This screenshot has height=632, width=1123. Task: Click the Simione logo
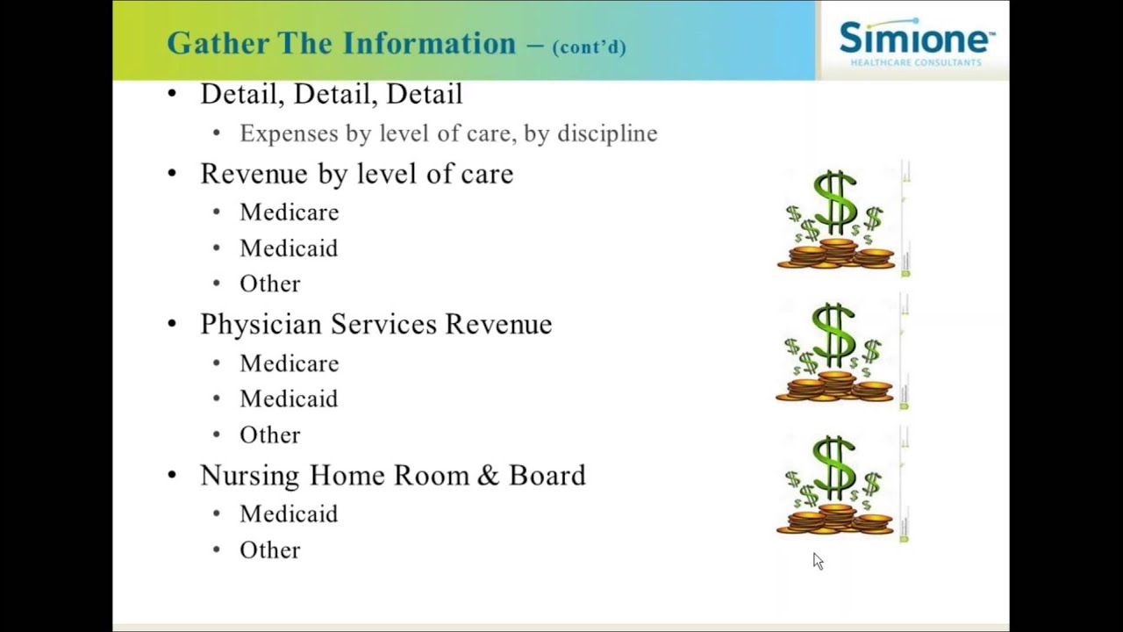[x=916, y=42]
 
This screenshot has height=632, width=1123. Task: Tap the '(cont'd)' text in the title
[x=589, y=47]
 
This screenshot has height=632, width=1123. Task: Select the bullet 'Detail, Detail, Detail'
[x=331, y=94]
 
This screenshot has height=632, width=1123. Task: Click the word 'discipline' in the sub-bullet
[x=607, y=133]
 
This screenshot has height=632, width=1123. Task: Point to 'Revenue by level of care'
[x=356, y=174]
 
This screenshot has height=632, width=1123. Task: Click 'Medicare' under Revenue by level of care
[x=289, y=212]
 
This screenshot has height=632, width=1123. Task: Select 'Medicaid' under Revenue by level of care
[x=289, y=248]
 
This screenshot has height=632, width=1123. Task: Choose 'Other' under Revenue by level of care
[x=269, y=284]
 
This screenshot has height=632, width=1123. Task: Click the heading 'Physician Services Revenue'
[x=376, y=325]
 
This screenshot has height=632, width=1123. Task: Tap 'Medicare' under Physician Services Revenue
[x=289, y=363]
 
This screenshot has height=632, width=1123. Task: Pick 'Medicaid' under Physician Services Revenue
[x=289, y=399]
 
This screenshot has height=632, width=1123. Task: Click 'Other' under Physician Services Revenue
[x=269, y=435]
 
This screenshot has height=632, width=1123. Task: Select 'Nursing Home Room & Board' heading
[x=392, y=476]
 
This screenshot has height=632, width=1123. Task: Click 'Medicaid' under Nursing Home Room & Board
[x=289, y=514]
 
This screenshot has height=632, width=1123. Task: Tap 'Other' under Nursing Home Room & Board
[x=269, y=550]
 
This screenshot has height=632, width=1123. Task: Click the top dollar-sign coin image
[x=836, y=220]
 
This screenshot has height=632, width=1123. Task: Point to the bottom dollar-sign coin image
[x=836, y=485]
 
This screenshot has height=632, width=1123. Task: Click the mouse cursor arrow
[x=818, y=562]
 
